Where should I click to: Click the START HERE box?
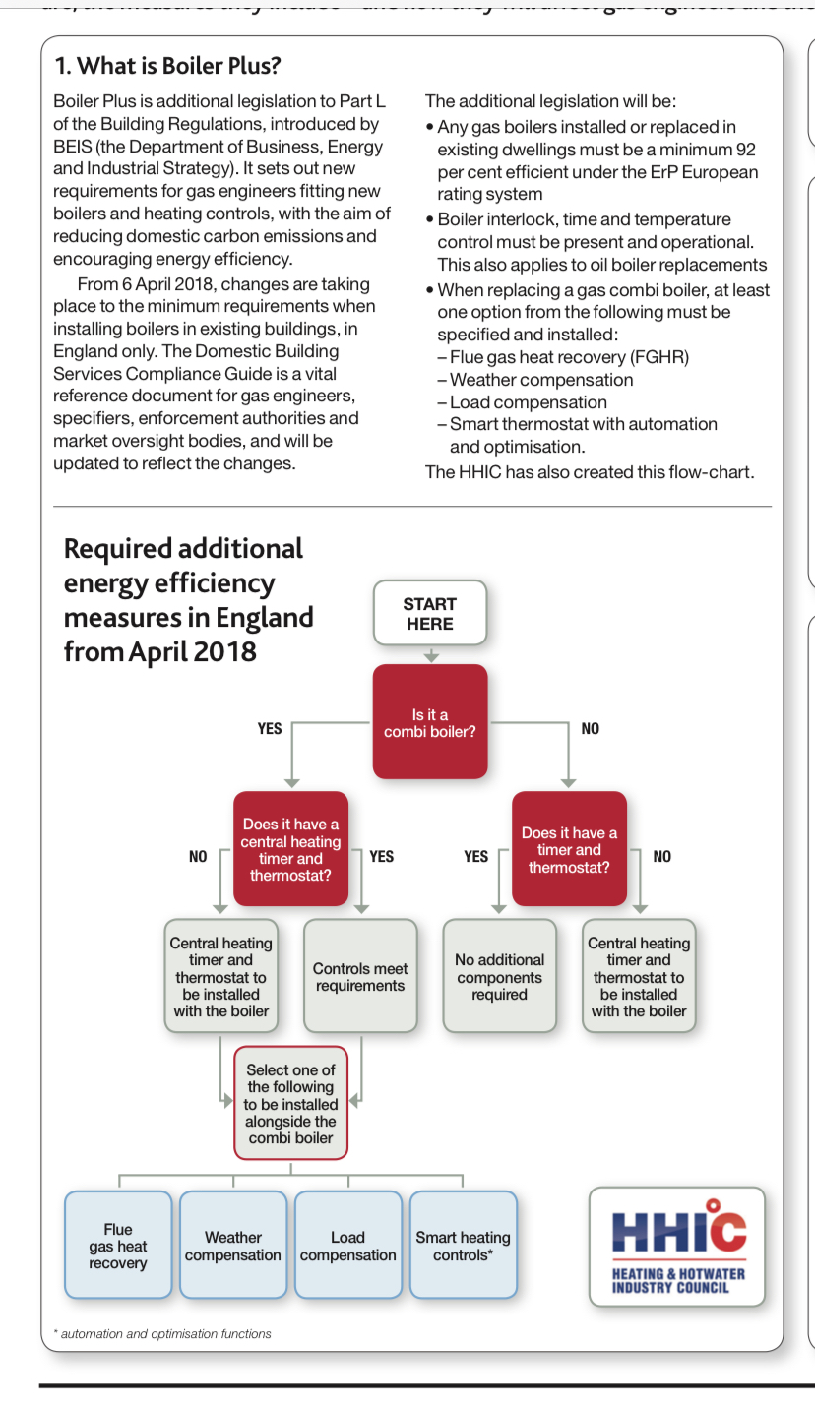click(x=429, y=613)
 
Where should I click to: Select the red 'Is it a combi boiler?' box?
click(x=429, y=722)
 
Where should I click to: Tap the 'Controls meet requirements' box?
click(x=360, y=976)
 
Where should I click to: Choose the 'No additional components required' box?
click(x=499, y=976)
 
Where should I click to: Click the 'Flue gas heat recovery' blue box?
click(x=118, y=1246)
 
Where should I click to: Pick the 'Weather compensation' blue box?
click(x=233, y=1246)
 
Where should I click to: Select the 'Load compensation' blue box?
click(x=347, y=1246)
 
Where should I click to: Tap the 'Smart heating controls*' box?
click(x=463, y=1246)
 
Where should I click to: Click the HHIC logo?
click(x=677, y=1247)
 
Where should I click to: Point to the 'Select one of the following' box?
click(x=290, y=1103)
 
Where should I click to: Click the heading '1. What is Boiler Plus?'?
click(x=167, y=66)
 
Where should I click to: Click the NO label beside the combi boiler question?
click(x=590, y=729)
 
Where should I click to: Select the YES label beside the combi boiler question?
click(x=270, y=729)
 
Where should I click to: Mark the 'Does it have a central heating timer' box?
click(x=290, y=849)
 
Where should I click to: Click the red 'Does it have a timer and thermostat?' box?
click(x=569, y=849)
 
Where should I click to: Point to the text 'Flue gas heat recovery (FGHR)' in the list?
click(x=569, y=357)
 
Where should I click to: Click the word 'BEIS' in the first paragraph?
click(x=73, y=147)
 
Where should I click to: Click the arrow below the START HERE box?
click(x=430, y=655)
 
